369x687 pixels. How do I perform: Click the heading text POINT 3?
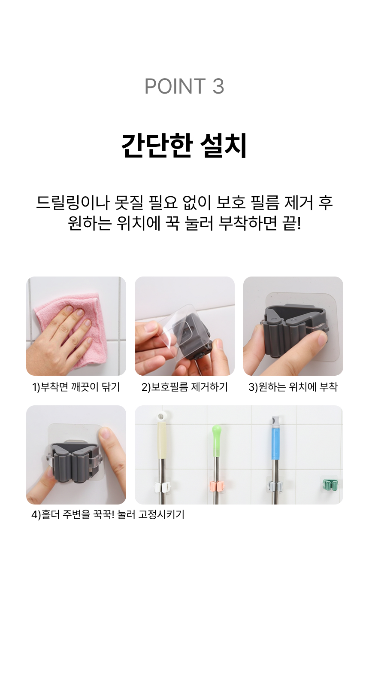[184, 86]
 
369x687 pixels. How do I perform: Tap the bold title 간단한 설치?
[184, 146]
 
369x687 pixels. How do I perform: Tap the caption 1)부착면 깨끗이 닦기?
[76, 387]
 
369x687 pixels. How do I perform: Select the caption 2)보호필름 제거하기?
[184, 387]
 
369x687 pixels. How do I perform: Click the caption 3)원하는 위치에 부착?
[293, 387]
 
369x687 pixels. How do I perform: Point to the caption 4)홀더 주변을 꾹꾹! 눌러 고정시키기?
[108, 514]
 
